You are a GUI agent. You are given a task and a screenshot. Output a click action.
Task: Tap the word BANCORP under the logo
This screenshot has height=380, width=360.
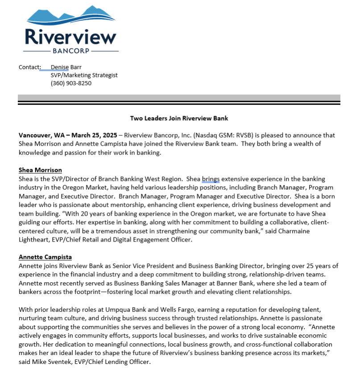coord(72,51)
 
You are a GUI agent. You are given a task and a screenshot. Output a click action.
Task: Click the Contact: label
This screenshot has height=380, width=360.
coord(29,67)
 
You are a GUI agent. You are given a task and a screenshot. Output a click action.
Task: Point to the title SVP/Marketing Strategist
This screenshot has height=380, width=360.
coord(84,75)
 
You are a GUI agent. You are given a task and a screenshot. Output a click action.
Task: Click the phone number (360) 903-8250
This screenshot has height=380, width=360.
coord(71,83)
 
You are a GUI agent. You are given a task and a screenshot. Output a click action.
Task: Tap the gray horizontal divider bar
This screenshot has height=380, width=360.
coord(179,98)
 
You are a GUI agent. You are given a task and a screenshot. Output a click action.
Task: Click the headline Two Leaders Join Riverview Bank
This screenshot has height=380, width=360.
coord(179,118)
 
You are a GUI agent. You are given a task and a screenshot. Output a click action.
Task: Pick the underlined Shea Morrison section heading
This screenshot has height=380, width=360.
coord(40,170)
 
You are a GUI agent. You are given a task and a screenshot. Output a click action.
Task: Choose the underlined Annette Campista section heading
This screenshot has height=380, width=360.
coord(45,257)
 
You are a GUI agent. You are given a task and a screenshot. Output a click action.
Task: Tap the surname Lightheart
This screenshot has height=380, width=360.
coord(34,240)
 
